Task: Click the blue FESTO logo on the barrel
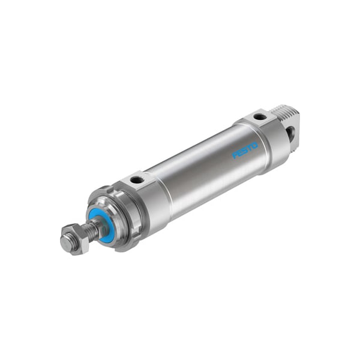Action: coord(245,149)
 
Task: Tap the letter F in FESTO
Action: coord(235,156)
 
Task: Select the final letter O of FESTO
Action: coord(256,143)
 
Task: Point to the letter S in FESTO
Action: coord(245,150)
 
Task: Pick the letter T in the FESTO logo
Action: coord(250,147)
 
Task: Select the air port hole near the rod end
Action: coord(137,179)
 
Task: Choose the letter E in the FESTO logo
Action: coord(241,153)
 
